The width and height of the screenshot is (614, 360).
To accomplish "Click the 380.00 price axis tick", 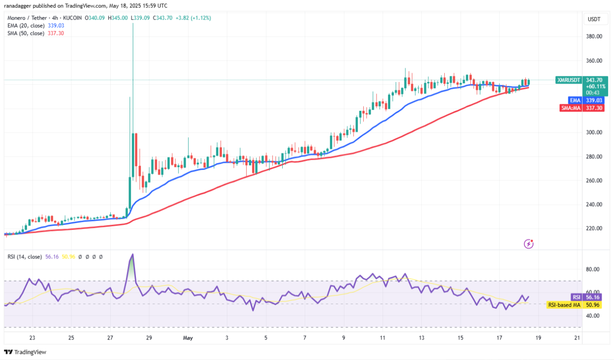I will coord(593,37).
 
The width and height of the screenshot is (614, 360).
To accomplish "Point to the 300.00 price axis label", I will coord(593,132).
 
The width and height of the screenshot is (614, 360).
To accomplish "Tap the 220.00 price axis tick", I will coord(593,228).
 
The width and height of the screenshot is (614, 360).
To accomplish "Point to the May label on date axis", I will coord(188,338).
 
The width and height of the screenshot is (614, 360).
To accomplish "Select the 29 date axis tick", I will coord(149,338).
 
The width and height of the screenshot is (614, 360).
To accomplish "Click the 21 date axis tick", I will coord(577,338).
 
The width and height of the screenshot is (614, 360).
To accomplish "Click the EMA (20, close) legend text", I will coord(25,26).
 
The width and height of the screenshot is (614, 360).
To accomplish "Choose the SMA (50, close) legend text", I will coord(25,33).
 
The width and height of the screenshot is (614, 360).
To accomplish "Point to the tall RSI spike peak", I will coord(133,254).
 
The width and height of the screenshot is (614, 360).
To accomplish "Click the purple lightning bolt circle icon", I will coord(528,244).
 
